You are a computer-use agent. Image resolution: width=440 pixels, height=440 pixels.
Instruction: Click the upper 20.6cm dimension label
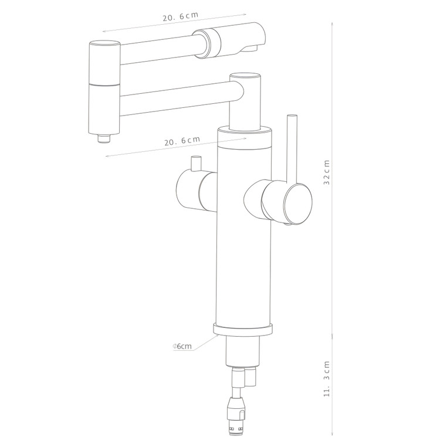pyautogui.click(x=181, y=16)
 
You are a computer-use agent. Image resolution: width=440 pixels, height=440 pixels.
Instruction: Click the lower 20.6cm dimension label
pyautogui.click(x=182, y=141)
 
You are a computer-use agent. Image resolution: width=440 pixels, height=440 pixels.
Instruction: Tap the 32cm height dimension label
pyautogui.click(x=327, y=172)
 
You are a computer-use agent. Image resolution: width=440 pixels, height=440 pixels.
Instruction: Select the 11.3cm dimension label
pyautogui.click(x=327, y=378)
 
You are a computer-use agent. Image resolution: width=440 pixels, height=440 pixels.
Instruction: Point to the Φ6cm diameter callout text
pyautogui.click(x=182, y=346)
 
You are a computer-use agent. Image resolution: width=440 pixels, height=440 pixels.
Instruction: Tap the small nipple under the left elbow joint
pyautogui.click(x=104, y=138)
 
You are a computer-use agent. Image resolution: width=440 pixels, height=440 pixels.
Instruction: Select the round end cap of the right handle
pyautogui.click(x=297, y=204)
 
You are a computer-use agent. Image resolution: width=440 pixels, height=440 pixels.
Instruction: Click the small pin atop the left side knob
pyautogui.click(x=196, y=164)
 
